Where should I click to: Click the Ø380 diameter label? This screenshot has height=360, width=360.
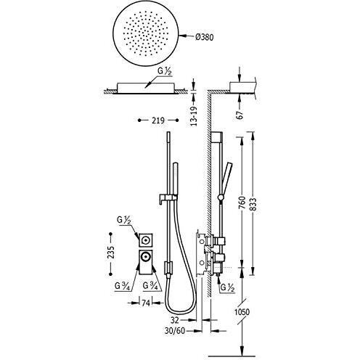pyautogui.click(x=205, y=37)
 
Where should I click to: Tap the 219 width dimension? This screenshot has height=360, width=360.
pyautogui.click(x=158, y=120)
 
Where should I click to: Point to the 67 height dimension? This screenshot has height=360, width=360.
pyautogui.click(x=240, y=114)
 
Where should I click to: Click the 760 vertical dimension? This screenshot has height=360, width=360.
pyautogui.click(x=242, y=202)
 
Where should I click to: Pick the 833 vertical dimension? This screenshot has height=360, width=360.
pyautogui.click(x=253, y=205)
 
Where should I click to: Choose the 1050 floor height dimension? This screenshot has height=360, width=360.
pyautogui.click(x=242, y=312)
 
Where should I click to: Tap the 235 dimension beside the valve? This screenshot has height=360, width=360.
pyautogui.click(x=111, y=253)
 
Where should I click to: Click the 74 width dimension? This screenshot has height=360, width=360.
pyautogui.click(x=146, y=303)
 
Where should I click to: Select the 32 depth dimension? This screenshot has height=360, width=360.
pyautogui.click(x=175, y=320)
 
